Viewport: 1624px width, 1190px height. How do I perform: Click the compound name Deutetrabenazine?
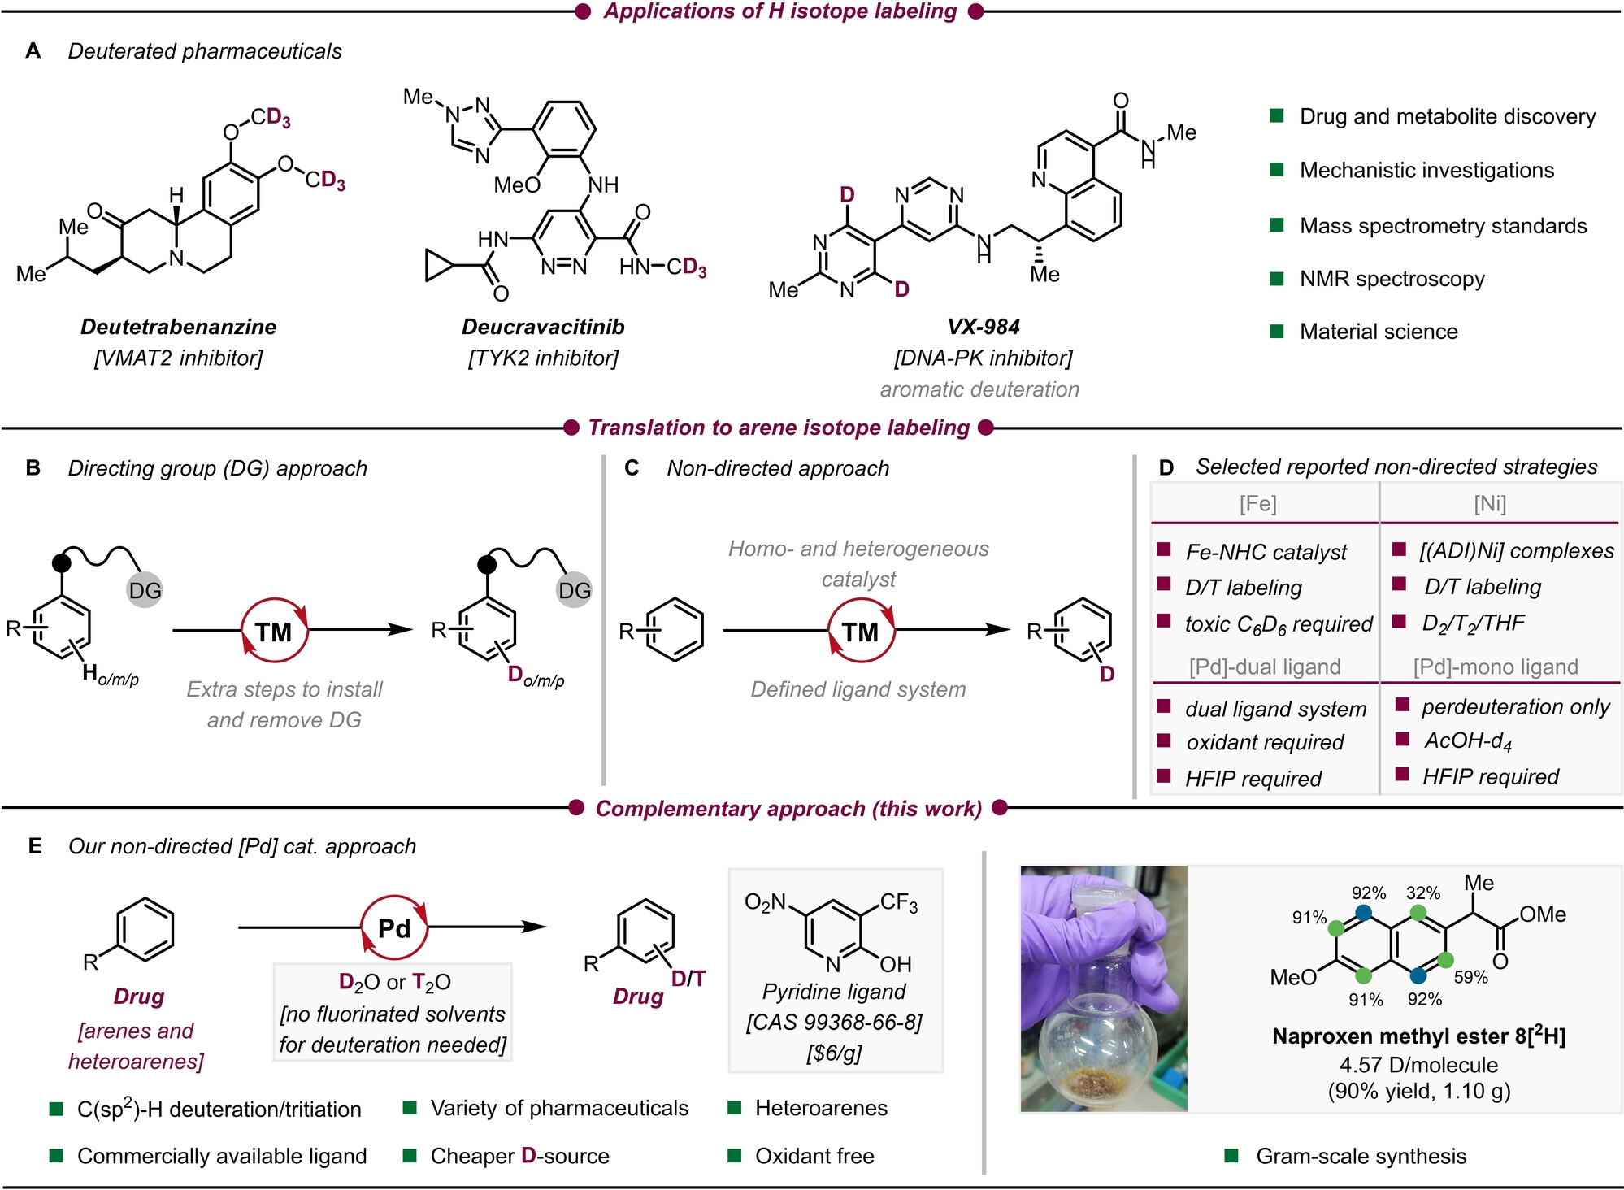178,327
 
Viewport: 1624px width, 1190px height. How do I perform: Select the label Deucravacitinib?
543,327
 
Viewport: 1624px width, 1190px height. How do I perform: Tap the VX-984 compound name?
984,327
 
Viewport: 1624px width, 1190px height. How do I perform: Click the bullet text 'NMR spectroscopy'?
1392,279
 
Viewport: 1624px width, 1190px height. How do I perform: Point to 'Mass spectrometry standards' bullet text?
1443,226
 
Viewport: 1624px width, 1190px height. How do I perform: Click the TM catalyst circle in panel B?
275,631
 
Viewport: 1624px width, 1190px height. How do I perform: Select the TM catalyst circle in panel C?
861,631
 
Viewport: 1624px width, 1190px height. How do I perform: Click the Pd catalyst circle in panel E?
394,927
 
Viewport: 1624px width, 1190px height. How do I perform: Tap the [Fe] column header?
1257,504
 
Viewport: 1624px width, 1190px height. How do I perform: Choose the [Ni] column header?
1490,504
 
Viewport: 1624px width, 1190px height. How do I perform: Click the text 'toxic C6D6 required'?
1279,624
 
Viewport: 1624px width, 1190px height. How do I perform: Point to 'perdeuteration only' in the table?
1515,706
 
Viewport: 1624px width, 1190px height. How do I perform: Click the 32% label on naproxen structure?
1423,892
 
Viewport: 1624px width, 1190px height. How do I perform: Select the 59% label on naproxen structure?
1470,977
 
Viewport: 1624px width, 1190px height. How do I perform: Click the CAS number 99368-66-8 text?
834,1023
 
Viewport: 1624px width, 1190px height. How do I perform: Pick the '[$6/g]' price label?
834,1053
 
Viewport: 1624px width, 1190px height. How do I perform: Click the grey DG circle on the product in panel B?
574,590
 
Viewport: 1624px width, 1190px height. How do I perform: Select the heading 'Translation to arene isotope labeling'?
779,428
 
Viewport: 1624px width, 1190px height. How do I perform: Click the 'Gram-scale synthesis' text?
1361,1156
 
